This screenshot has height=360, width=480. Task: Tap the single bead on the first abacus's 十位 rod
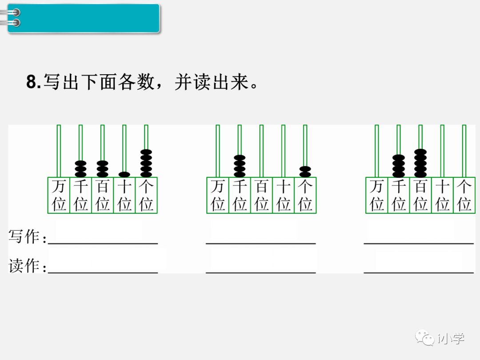pos(124,174)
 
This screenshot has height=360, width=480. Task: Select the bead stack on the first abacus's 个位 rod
pos(146,163)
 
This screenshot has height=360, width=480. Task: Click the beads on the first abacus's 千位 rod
pos(80,168)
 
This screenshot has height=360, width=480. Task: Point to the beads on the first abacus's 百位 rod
pos(102,168)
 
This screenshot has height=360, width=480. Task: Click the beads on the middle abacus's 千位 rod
pos(240,166)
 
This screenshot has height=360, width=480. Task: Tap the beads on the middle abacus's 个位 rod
pos(305,172)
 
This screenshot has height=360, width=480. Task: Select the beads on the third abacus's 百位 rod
pos(420,163)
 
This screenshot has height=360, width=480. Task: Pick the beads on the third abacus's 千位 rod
pos(399,166)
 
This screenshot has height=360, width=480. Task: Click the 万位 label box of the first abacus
pos(59,195)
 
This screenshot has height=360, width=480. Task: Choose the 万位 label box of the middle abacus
pos(218,195)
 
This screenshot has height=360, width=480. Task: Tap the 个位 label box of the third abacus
pos(464,195)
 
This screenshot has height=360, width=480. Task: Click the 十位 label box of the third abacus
pos(443,195)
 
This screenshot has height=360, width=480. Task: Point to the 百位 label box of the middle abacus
pos(261,195)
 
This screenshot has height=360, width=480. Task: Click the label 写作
pos(24,236)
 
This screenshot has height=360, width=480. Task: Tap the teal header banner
pos(84,18)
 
